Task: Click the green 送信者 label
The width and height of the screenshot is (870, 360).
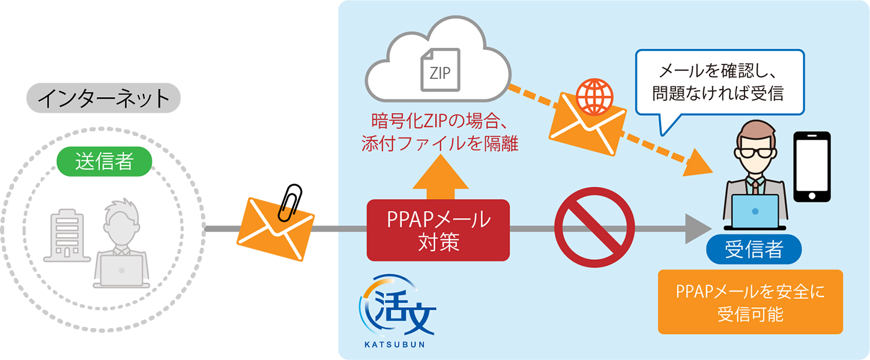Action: [x=104, y=162]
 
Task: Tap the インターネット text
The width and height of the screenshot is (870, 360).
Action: [x=104, y=98]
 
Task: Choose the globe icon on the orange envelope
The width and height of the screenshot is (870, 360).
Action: [x=594, y=95]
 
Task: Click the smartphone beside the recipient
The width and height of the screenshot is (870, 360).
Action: [x=812, y=166]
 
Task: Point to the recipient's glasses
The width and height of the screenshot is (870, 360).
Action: [x=754, y=152]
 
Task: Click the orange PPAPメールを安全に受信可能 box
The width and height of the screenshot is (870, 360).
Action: [x=749, y=302]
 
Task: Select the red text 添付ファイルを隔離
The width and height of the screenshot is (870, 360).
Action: [x=440, y=144]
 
